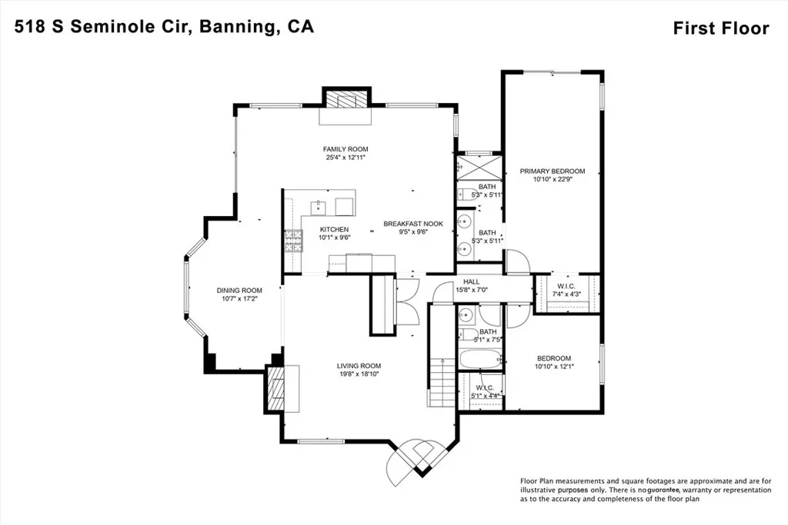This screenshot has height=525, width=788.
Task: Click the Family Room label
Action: point(346,149)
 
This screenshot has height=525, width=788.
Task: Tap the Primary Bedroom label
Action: point(552,171)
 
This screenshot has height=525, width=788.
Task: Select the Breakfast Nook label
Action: point(413,224)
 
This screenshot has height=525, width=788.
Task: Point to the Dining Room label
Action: point(239,291)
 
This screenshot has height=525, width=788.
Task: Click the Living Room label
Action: point(359,366)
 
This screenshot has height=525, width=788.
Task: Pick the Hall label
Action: point(472,281)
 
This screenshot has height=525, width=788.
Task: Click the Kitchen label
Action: point(335,229)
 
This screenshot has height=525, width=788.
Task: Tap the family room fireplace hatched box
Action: point(346,101)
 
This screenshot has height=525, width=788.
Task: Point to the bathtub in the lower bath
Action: point(479,360)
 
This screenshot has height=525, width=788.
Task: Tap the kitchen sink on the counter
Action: point(316,206)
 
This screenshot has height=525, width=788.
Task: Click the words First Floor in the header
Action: point(720,28)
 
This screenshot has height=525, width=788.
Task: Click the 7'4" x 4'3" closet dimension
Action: point(568,294)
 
